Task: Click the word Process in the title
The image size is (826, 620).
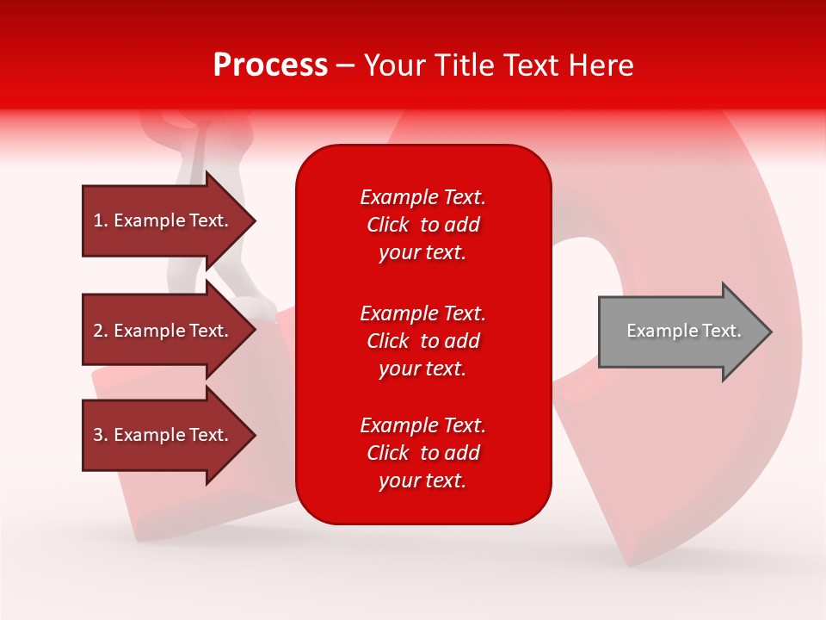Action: point(270,65)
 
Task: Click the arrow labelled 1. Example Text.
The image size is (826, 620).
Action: point(163,220)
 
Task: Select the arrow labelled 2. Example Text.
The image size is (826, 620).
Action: point(163,331)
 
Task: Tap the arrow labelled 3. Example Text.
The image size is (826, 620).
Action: point(163,435)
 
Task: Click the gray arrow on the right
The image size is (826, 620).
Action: point(680,331)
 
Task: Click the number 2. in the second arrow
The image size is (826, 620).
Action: point(101,331)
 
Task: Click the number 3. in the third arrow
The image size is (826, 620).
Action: point(101,435)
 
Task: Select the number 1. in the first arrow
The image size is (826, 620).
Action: point(100,220)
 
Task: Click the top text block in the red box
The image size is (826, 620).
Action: point(422,225)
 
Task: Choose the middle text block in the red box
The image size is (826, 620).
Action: point(422,341)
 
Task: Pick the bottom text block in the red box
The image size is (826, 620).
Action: point(422,453)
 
